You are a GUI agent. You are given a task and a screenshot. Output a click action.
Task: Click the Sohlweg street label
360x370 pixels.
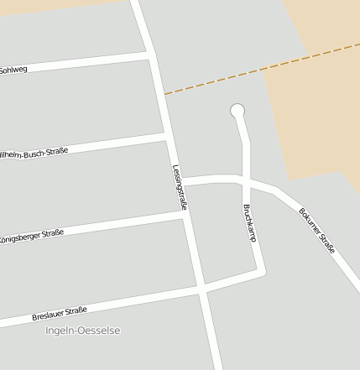[13, 70]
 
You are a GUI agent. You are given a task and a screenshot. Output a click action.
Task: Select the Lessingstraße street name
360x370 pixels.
[180, 186]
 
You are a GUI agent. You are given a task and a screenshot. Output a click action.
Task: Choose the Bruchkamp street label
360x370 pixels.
[248, 222]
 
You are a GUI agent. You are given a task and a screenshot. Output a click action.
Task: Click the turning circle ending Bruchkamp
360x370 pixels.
[237, 110]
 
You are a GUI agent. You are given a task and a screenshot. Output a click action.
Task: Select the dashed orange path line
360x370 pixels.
[260, 70]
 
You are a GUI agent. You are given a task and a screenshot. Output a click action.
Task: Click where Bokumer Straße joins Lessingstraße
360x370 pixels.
[177, 181]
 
